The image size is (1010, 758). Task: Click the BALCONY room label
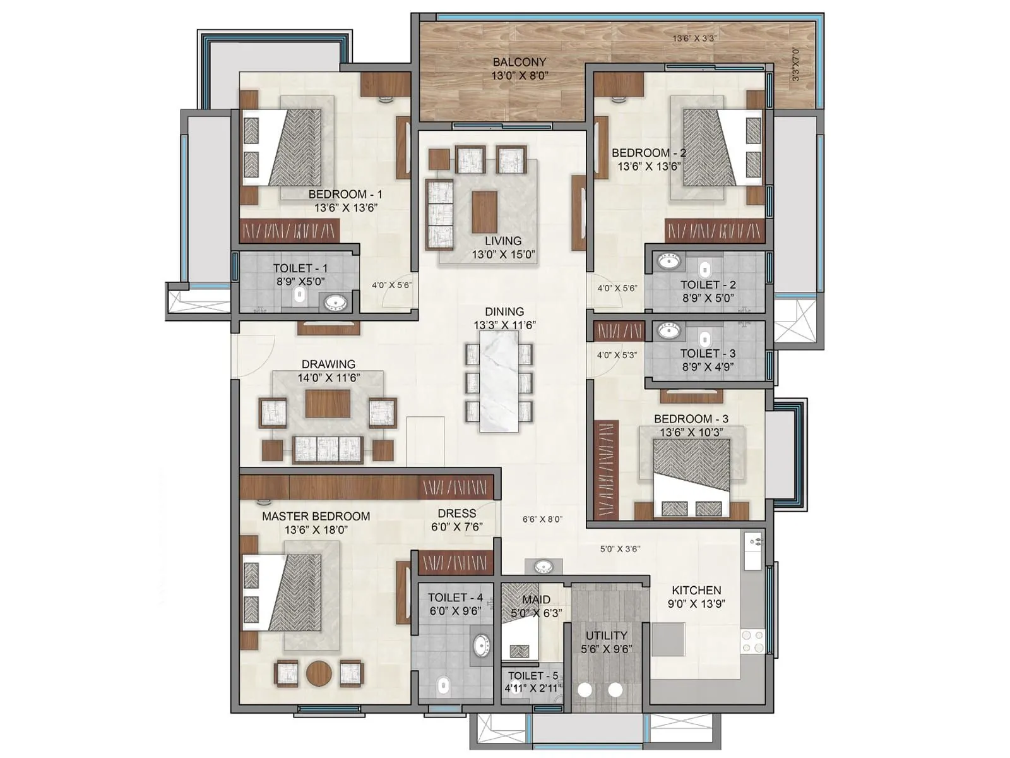(519, 62)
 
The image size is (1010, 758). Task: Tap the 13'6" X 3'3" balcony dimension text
(694, 39)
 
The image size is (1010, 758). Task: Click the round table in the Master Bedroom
(319, 673)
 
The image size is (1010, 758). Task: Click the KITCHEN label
(696, 590)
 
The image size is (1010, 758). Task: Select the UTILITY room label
(606, 635)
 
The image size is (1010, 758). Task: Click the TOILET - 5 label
(533, 676)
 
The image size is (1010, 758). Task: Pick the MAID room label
(536, 599)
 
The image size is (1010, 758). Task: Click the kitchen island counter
(668, 640)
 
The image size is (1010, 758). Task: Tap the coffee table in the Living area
(484, 212)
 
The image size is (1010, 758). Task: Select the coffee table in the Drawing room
(328, 404)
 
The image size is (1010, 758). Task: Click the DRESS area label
(457, 514)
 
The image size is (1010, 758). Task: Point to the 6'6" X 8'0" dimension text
(542, 519)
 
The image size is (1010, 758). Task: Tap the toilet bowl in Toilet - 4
(444, 684)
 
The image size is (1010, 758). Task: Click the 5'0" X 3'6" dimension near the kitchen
(619, 549)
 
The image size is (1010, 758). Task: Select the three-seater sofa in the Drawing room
(327, 449)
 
